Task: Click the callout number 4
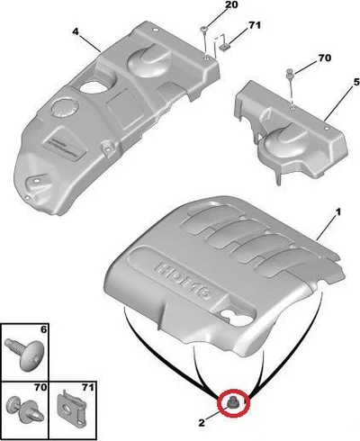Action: click(76, 31)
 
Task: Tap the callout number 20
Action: click(230, 4)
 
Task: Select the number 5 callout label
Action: click(356, 82)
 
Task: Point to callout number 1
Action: click(338, 212)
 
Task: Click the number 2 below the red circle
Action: click(202, 423)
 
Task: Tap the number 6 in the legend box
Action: click(43, 329)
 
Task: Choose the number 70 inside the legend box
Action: click(40, 387)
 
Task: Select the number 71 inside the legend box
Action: click(87, 387)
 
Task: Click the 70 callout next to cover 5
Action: click(324, 58)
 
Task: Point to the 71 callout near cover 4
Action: click(255, 25)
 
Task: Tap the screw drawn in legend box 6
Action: click(25, 354)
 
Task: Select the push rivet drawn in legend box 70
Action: click(25, 409)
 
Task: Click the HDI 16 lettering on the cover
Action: click(184, 279)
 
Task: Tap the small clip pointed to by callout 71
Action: click(223, 47)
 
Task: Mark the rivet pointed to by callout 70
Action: click(290, 73)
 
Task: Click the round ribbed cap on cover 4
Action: click(65, 107)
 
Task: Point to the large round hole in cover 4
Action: click(94, 86)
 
